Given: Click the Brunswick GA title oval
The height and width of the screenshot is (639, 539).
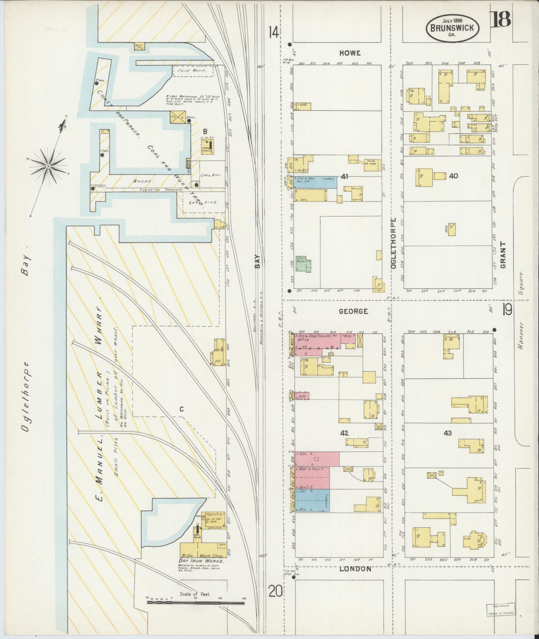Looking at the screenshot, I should coord(452,28).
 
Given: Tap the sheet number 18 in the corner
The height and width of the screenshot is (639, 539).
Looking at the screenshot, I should coord(501,19).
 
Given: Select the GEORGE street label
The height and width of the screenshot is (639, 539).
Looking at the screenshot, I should coord(353,311).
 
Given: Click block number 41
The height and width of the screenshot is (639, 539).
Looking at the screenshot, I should coord(345,176).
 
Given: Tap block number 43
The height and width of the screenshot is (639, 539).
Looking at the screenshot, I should coord(448,433).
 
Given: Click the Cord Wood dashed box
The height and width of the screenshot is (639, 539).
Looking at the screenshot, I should coord(193,71).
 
